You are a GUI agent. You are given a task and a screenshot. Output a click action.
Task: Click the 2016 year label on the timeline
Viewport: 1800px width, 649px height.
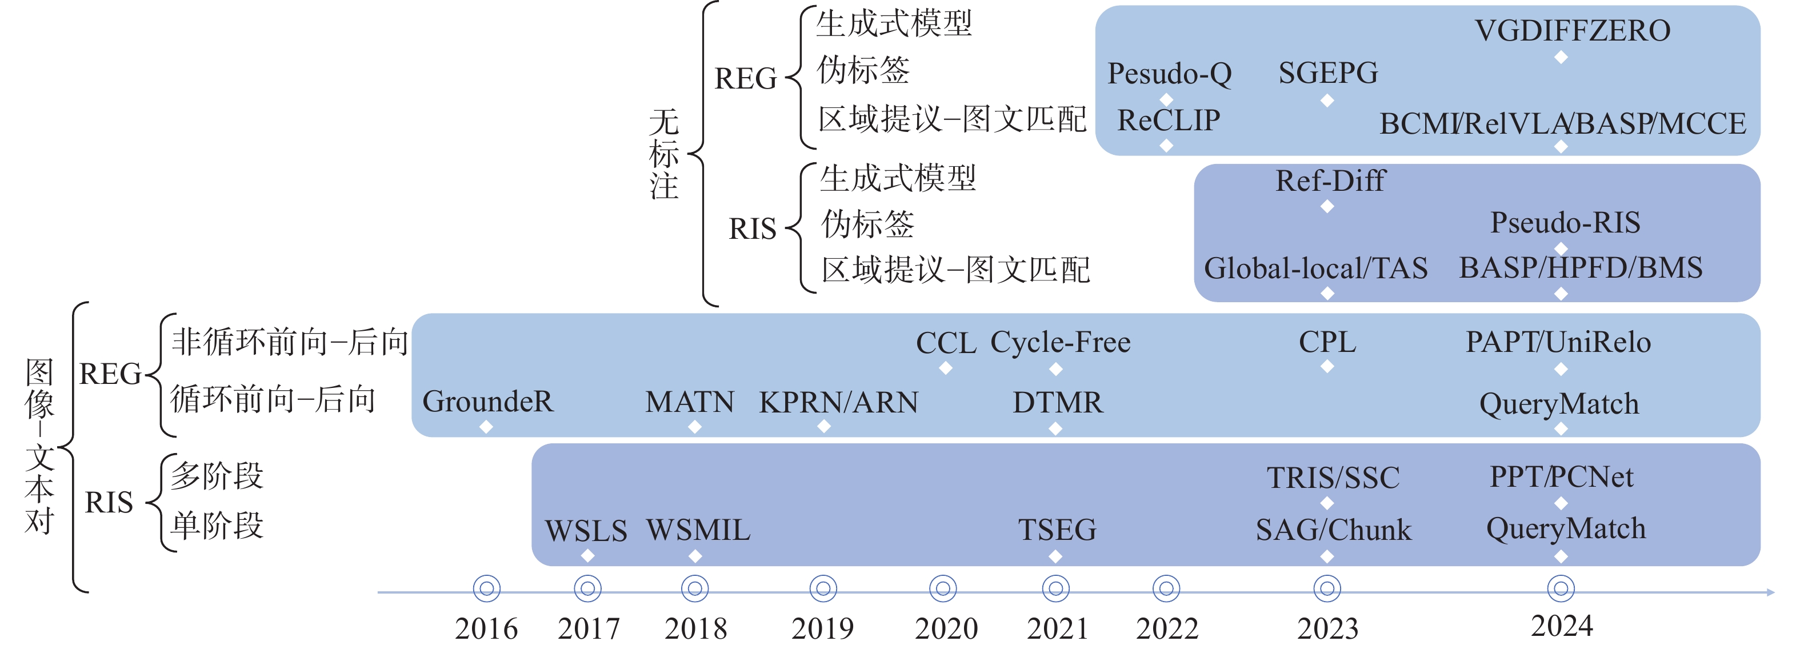click(x=486, y=629)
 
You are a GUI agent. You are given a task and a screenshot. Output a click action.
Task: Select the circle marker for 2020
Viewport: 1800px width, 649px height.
click(x=943, y=589)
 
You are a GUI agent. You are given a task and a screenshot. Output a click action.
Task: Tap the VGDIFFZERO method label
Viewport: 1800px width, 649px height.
click(x=1572, y=31)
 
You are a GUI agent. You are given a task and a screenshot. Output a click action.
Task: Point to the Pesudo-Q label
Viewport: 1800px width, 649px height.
click(x=1170, y=73)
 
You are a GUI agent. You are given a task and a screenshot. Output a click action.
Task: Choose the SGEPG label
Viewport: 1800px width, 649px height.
click(x=1327, y=73)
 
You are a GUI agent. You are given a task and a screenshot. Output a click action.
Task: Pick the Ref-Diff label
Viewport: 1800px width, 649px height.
click(x=1330, y=181)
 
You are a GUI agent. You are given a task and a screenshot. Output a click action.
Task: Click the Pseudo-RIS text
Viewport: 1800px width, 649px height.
click(x=1565, y=223)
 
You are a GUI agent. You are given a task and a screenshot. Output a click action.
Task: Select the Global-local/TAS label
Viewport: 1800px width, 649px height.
click(x=1316, y=269)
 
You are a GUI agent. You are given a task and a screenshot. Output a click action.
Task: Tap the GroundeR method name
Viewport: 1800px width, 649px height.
click(x=488, y=402)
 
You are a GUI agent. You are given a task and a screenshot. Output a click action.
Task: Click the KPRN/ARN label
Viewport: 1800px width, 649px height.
click(x=838, y=402)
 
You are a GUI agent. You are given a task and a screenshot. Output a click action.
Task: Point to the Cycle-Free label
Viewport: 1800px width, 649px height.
click(x=1060, y=342)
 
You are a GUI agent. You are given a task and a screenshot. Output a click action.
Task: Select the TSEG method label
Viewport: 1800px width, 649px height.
click(x=1057, y=530)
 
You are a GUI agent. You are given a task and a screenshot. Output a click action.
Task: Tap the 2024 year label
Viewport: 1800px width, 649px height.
click(x=1562, y=627)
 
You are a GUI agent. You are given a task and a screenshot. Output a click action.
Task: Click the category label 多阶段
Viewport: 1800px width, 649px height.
click(x=217, y=476)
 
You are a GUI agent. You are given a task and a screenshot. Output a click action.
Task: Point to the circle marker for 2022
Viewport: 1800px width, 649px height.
click(x=1166, y=589)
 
